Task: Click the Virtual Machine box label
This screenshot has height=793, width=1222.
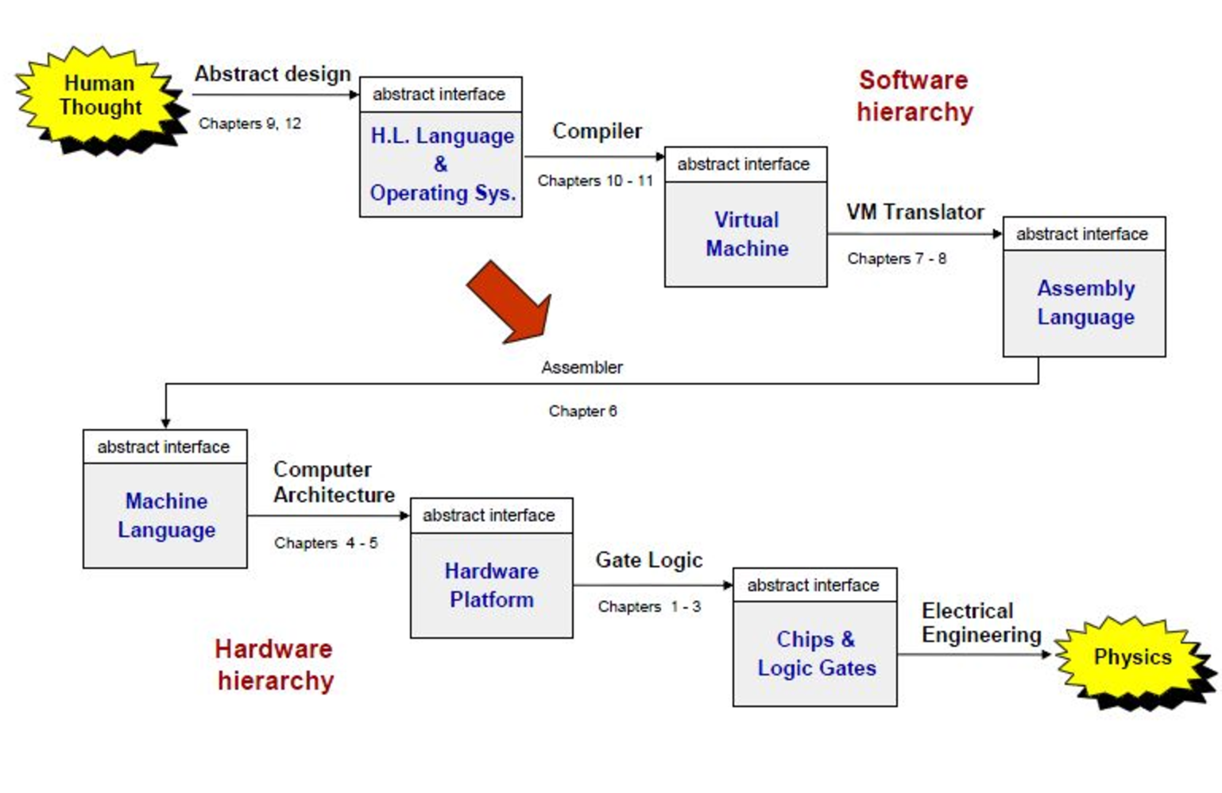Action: [x=747, y=234]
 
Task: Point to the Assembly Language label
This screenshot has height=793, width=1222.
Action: [x=1085, y=303]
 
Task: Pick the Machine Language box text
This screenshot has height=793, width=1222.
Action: [x=166, y=516]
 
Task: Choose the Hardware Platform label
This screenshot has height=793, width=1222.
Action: [x=491, y=586]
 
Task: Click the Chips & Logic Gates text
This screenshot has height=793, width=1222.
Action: [x=816, y=654]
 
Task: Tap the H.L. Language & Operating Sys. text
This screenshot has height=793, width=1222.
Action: [x=442, y=164]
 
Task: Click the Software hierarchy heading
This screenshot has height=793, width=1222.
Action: [x=915, y=96]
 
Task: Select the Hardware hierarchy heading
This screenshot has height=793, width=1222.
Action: [x=274, y=665]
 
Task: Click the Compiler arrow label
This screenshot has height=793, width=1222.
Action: [x=597, y=131]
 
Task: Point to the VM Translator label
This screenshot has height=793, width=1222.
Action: [x=915, y=212]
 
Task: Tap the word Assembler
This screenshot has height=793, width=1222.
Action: [x=582, y=367]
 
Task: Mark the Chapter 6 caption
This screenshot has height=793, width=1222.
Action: [x=582, y=411]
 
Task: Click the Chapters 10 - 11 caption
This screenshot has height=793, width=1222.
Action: [x=594, y=181]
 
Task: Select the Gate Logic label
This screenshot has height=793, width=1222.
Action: [x=648, y=560]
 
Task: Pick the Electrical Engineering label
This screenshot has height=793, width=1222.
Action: [x=980, y=623]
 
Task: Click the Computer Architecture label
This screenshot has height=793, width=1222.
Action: [x=334, y=482]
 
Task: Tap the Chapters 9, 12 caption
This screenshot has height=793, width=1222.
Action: [x=249, y=123]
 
